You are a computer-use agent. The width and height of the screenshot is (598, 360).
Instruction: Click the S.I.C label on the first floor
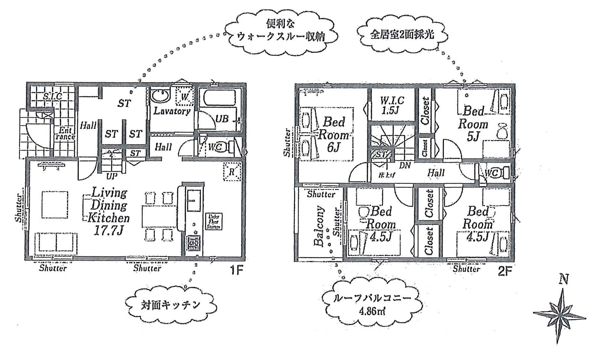pos(53,96)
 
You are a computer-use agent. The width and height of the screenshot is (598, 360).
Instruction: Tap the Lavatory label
pos(172,111)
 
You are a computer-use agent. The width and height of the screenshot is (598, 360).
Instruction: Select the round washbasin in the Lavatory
pos(160,96)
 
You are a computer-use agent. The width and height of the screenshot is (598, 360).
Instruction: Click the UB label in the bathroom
pos(222,118)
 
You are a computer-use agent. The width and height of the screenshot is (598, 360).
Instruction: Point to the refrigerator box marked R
pos(232,172)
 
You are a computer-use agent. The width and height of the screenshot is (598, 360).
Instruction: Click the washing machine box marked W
pos(185,97)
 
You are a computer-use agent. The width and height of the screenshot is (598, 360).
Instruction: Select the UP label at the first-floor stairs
pos(111,176)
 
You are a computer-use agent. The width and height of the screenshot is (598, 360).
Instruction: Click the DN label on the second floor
pos(405,165)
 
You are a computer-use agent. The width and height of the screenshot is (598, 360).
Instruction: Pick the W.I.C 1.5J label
pos(392,105)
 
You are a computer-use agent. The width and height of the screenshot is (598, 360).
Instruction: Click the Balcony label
pos(319,226)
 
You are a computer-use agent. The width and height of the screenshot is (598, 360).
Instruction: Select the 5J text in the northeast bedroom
pos(473,136)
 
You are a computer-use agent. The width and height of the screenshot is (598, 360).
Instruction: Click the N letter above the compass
pos(564,280)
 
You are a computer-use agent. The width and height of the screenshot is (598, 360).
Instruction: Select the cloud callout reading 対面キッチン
pos(171,305)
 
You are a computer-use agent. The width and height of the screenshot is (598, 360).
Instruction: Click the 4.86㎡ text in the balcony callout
pos(372,311)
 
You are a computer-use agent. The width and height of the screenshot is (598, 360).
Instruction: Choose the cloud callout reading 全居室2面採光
pos(402,34)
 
